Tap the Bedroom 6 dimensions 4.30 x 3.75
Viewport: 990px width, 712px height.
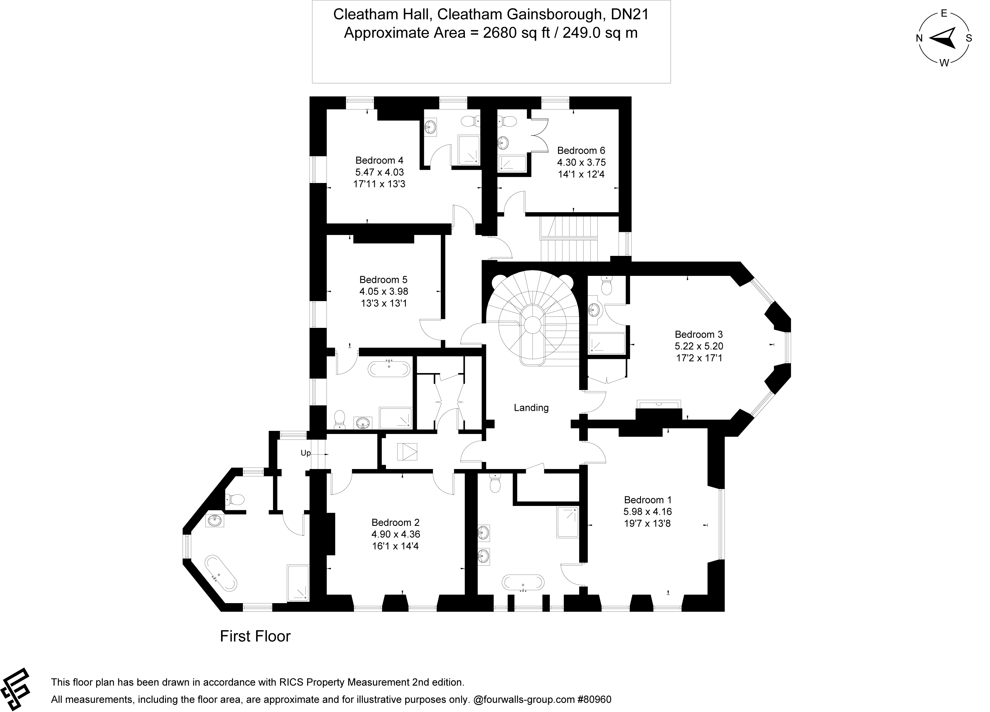click(x=581, y=162)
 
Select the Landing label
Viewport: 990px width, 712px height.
click(x=531, y=408)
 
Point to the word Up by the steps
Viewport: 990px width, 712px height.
click(x=306, y=453)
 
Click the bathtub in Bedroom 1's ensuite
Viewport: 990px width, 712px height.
click(x=523, y=582)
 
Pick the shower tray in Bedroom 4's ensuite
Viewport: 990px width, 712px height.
click(x=468, y=150)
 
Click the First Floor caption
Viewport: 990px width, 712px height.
click(x=255, y=636)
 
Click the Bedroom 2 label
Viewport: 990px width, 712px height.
click(x=395, y=523)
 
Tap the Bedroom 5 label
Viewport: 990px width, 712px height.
click(x=383, y=279)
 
